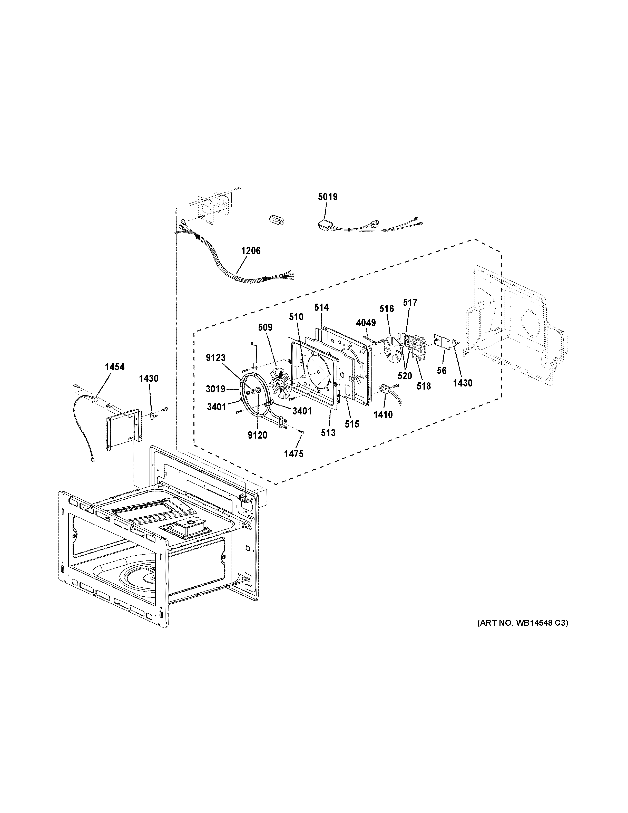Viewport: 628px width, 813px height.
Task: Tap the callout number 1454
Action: pos(114,367)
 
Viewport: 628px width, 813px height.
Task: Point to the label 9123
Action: pos(215,358)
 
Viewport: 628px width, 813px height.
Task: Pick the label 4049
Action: pos(366,323)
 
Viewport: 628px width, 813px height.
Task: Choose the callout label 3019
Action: pos(215,389)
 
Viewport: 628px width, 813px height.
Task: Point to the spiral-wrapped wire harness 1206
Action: pos(220,260)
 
